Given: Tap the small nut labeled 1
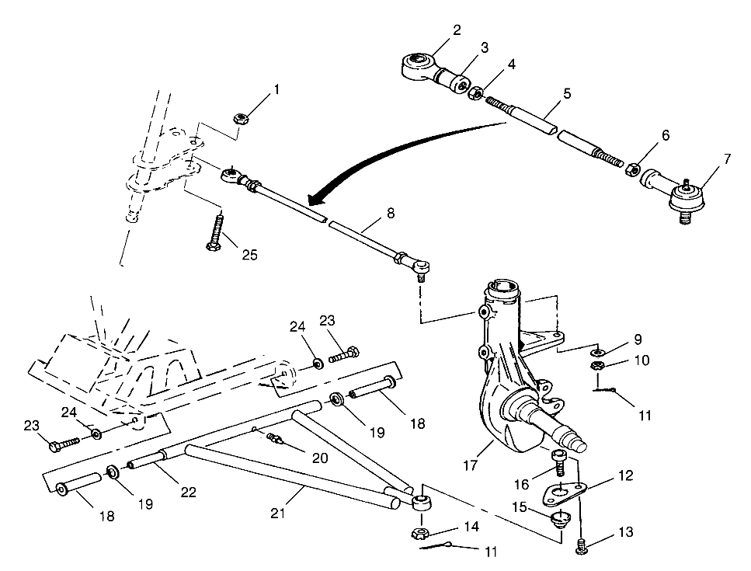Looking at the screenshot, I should pyautogui.click(x=240, y=119).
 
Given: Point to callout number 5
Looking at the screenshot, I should pyautogui.click(x=566, y=93).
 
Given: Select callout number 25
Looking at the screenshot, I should pyautogui.click(x=249, y=254).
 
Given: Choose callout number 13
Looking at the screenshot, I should pyautogui.click(x=627, y=532).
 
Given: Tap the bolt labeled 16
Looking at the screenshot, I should pyautogui.click(x=558, y=464).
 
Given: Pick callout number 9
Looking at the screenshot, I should pyautogui.click(x=636, y=339).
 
